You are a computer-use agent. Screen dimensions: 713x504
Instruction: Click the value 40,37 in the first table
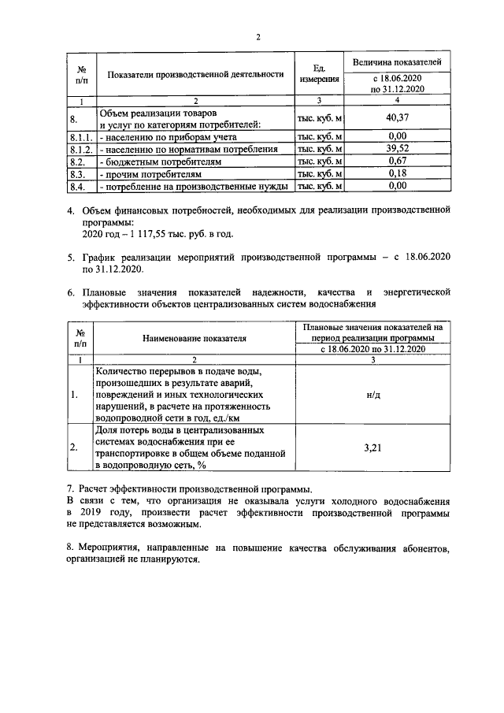(x=397, y=118)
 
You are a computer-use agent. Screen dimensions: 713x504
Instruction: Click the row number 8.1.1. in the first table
(x=82, y=136)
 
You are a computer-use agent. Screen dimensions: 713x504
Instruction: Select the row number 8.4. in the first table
(x=77, y=186)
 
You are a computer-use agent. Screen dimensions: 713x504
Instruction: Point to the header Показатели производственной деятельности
(x=195, y=75)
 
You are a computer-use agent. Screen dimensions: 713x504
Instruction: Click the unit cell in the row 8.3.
(x=318, y=173)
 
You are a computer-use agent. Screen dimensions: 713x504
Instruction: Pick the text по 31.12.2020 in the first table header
(x=397, y=89)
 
